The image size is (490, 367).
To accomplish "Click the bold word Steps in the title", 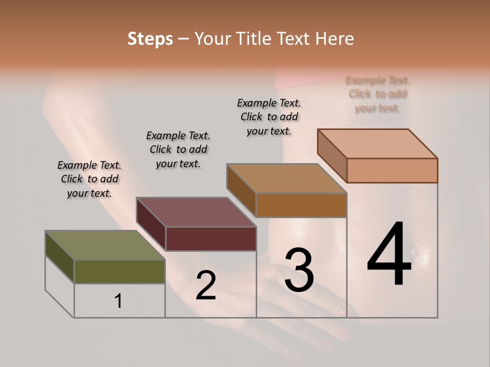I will tap(150, 39).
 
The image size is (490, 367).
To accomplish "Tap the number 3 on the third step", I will tap(299, 270).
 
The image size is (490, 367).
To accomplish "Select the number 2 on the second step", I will tap(206, 285).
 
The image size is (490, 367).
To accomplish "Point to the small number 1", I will tap(118, 301).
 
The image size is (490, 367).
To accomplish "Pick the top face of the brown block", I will tap(286, 178).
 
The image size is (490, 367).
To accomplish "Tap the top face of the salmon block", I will tap(377, 144).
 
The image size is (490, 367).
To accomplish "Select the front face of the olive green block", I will tap(119, 271).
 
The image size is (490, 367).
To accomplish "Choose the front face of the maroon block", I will tap(211, 239).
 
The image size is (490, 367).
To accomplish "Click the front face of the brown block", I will tap(301, 205).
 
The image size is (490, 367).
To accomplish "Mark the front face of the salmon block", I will tap(392, 170).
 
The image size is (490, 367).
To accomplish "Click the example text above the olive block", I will tap(89, 179).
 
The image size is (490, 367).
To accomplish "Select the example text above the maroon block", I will tap(178, 149).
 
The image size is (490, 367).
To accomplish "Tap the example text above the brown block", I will tap(269, 117).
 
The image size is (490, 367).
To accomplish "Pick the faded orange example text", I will tap(378, 94).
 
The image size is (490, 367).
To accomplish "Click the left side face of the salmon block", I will tap(332, 155).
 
